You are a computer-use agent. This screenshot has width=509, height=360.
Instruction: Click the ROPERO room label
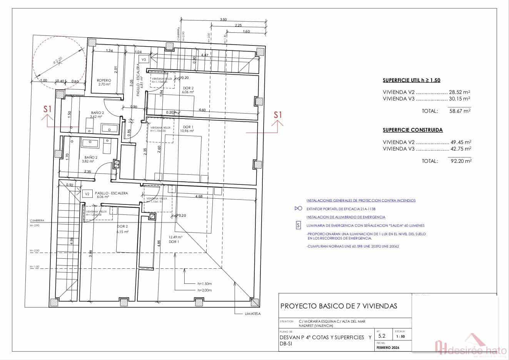[x=104, y=80]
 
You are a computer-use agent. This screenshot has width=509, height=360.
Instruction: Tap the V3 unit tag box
[x=144, y=60]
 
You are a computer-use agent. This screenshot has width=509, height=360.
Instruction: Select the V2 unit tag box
[x=87, y=194]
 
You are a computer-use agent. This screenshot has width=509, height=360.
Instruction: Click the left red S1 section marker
[x=47, y=109]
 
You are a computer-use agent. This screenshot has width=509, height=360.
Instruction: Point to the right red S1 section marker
[x=278, y=115]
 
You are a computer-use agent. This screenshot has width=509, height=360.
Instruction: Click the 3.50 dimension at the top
[x=223, y=19]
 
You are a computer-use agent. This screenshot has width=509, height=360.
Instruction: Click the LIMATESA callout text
[x=253, y=314]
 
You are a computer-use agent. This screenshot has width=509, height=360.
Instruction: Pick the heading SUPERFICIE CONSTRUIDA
[x=412, y=130]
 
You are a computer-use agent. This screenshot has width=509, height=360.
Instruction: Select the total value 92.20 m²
[x=461, y=161]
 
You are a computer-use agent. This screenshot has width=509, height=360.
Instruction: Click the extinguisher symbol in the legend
[x=298, y=209]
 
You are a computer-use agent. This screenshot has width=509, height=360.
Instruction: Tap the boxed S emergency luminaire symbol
[x=298, y=226]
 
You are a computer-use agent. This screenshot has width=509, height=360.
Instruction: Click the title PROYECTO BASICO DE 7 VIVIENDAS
[x=339, y=306]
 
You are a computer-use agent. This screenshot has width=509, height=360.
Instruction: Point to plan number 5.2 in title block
[x=382, y=336]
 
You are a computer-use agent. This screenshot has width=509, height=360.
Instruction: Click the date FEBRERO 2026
[x=388, y=348]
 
